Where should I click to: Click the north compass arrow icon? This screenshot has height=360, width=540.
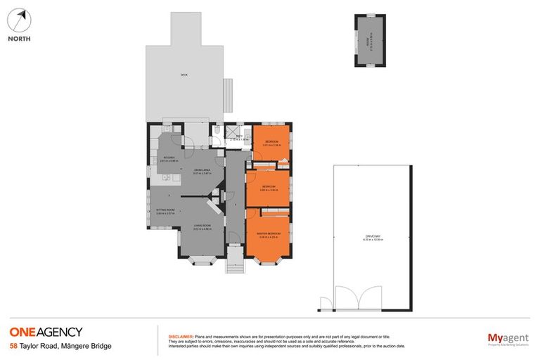20,19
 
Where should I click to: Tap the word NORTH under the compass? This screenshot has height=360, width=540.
19,39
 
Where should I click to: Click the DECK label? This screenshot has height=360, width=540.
184,75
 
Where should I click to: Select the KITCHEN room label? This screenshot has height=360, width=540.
169,158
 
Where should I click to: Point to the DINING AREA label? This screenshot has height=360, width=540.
202,171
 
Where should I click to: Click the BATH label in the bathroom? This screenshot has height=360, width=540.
239,136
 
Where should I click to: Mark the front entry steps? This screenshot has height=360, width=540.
233,264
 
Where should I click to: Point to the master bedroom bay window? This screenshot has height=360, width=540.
267,260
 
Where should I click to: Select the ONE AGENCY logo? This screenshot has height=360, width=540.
46,332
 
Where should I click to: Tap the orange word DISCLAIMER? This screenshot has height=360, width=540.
180,337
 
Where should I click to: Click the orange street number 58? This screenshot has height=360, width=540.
13,346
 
